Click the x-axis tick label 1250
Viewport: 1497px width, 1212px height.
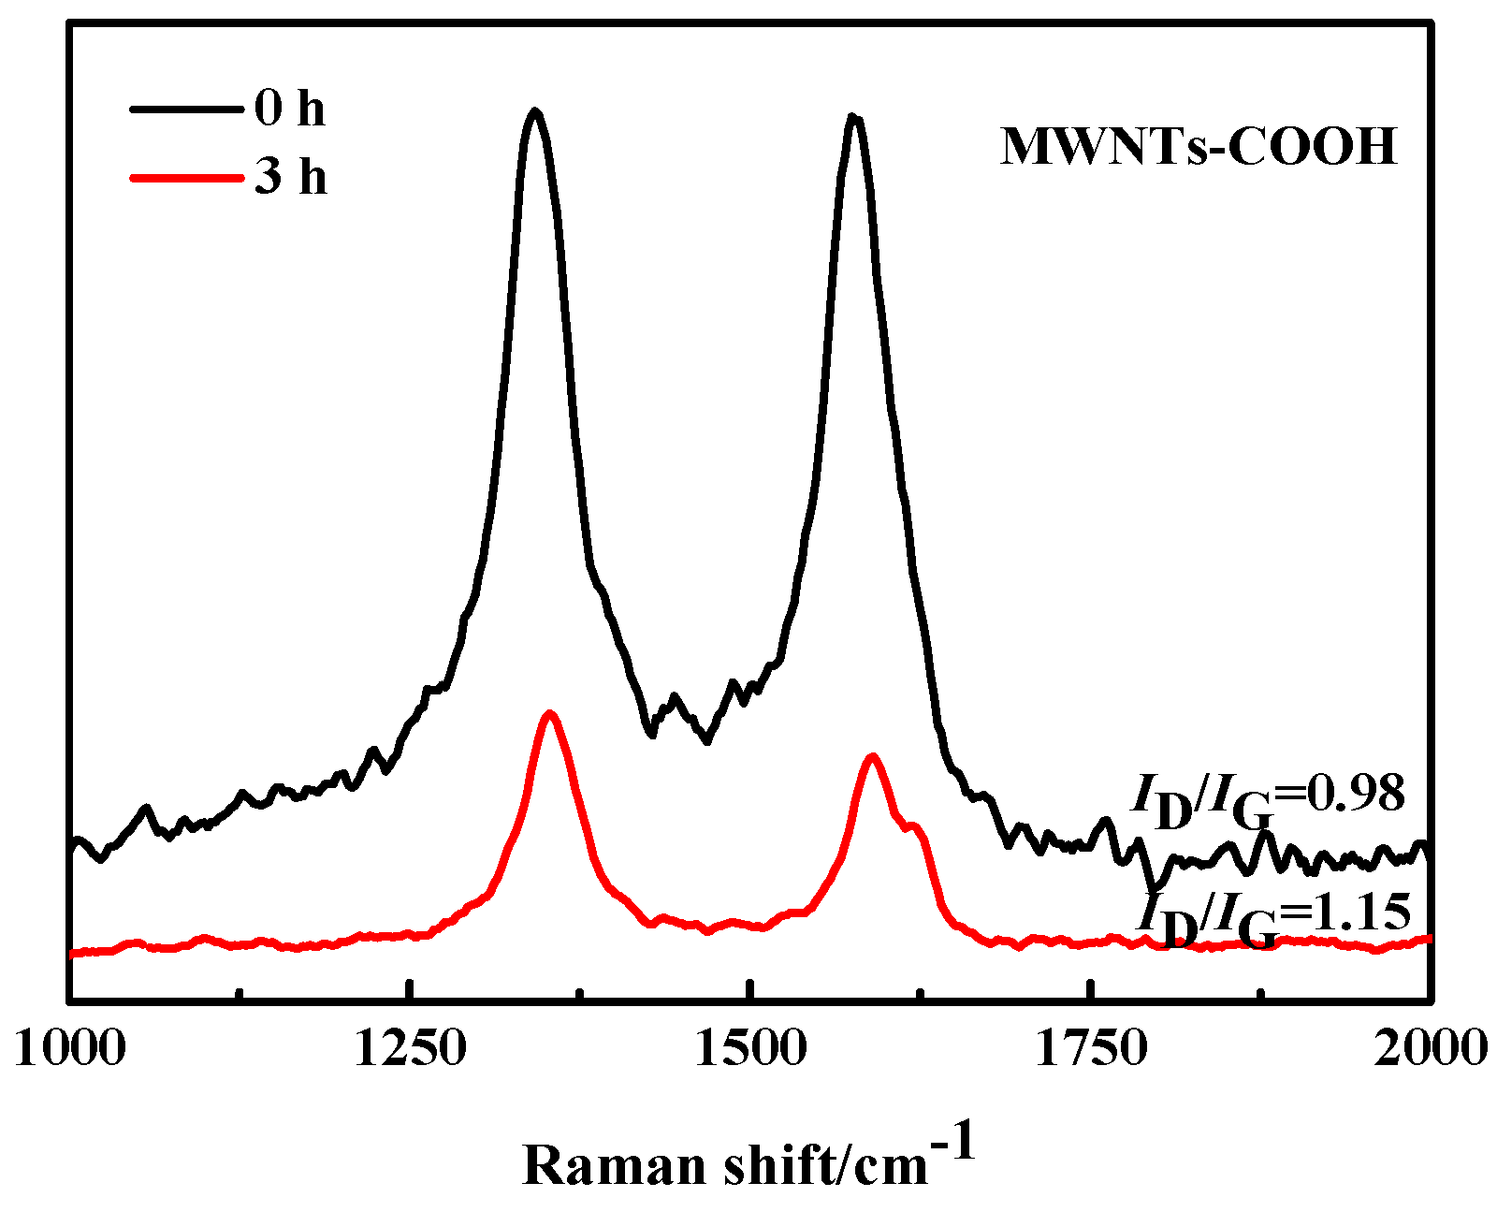coord(410,1049)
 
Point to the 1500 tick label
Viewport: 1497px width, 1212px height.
coord(749,1049)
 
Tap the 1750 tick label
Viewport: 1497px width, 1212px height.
coord(1090,1049)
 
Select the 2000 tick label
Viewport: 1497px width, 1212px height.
coord(1430,1049)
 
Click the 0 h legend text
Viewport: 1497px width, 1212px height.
coord(289,110)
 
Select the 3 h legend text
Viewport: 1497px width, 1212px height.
coord(290,175)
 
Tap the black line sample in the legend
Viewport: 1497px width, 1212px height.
coord(182,109)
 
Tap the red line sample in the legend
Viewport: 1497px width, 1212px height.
coord(182,175)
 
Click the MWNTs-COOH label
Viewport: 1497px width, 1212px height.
coord(1199,147)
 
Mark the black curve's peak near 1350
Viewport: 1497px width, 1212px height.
coord(535,111)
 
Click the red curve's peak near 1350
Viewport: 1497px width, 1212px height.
coord(550,713)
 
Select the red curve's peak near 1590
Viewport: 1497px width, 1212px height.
coord(872,755)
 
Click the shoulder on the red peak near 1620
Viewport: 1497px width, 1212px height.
coord(914,825)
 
